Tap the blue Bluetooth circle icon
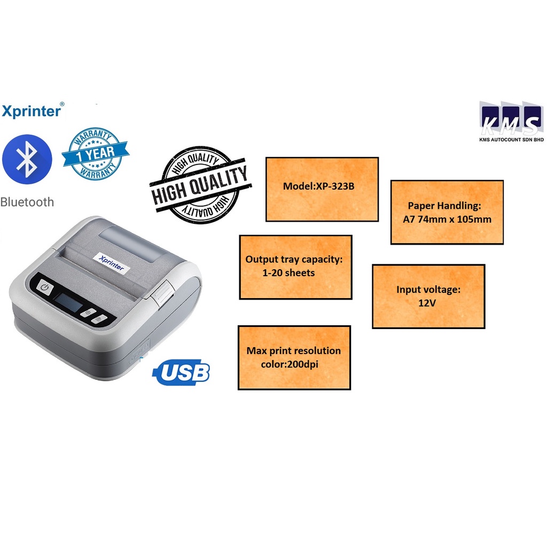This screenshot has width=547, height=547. (x=27, y=159)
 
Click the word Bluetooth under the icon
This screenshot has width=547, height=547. (x=27, y=202)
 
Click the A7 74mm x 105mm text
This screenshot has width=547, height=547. (x=447, y=219)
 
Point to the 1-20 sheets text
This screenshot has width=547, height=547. (x=288, y=272)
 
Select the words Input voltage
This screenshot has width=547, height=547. (x=428, y=289)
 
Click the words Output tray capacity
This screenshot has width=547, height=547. (x=293, y=259)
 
